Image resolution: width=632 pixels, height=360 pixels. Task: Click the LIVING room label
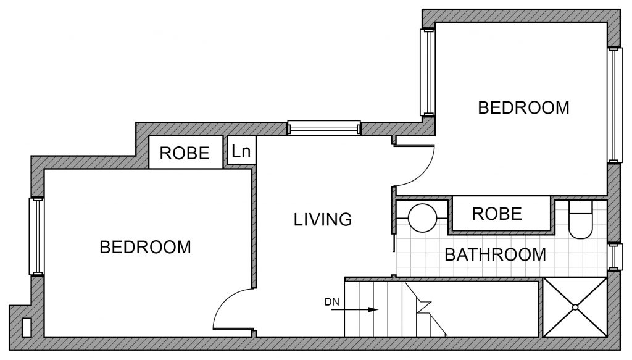point(323,219)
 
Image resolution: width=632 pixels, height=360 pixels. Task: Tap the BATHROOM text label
point(496,255)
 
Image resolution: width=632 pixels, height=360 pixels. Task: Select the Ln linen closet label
point(241,151)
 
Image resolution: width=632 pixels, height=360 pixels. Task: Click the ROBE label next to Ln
point(185,153)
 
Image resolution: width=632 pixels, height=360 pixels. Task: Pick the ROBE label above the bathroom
point(497,214)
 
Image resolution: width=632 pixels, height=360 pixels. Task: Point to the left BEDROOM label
point(146,247)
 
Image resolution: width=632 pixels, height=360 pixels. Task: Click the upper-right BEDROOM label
point(523,107)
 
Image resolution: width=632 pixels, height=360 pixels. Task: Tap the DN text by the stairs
point(332,301)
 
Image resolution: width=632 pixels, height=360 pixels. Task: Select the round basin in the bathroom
point(422,218)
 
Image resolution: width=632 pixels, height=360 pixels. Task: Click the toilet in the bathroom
point(580,220)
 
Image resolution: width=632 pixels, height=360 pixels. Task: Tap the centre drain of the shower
point(575,307)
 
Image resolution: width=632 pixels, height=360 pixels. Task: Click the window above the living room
point(324,128)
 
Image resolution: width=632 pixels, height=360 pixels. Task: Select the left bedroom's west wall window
point(36,237)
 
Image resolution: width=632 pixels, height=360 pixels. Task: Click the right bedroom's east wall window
point(613,105)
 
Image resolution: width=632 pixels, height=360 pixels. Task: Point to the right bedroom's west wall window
point(427,72)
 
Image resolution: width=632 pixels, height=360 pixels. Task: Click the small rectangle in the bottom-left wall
point(27,328)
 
